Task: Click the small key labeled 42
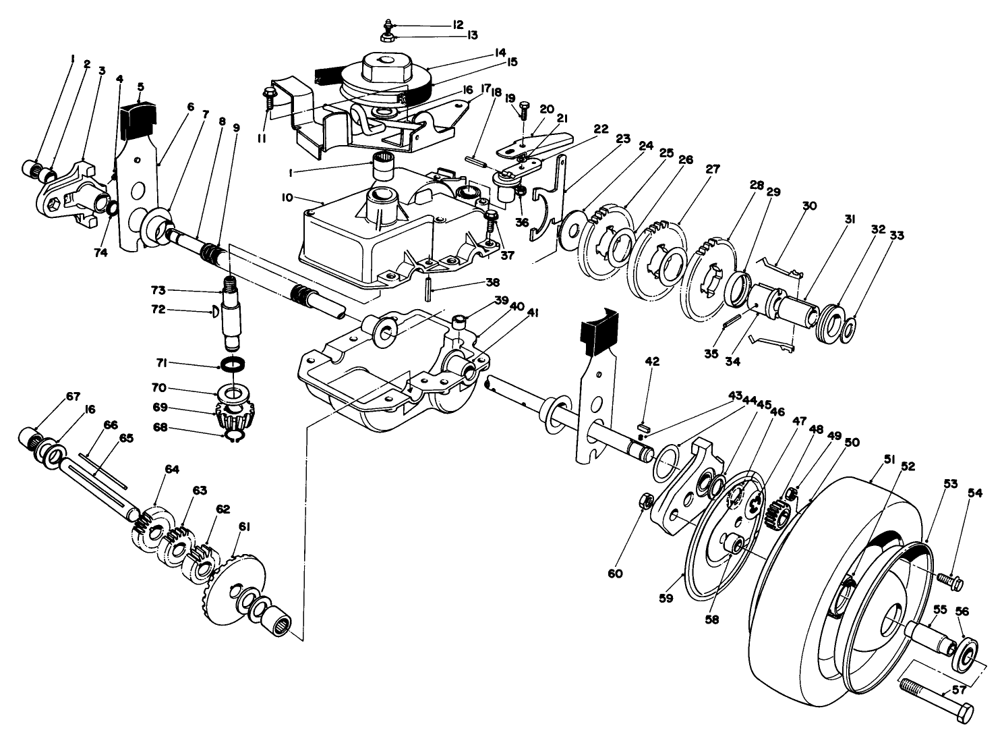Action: (643, 426)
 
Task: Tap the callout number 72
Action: (158, 311)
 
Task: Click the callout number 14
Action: (500, 51)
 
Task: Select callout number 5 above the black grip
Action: (140, 86)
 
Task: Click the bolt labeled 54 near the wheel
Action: (949, 579)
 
